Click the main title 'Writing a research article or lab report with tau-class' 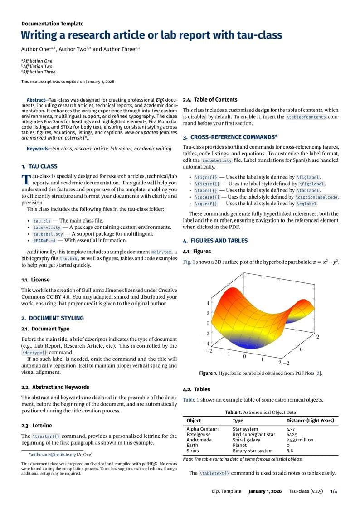pos(151,35)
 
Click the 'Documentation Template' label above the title pos(52,24)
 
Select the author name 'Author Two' pos(72,49)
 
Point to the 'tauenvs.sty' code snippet pos(47,227)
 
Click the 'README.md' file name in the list pos(44,241)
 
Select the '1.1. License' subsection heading pos(35,280)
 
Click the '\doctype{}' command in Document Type pos(34,352)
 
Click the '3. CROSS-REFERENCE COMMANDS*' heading pos(230,137)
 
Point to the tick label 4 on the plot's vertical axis pos(208,303)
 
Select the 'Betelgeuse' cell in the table pos(199,434)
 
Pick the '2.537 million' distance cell pos(300,440)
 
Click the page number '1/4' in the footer pos(334,491)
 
